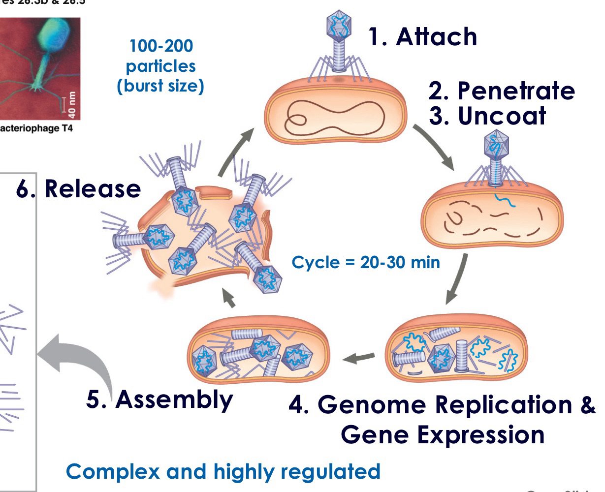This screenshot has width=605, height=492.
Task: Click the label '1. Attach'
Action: pyautogui.click(x=422, y=37)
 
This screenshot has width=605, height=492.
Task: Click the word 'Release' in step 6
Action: pyautogui.click(x=93, y=189)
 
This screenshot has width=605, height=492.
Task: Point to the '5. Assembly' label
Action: pyautogui.click(x=159, y=400)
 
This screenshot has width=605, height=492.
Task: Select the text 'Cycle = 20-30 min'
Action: pyautogui.click(x=366, y=262)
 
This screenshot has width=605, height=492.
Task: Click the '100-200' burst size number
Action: pyautogui.click(x=161, y=47)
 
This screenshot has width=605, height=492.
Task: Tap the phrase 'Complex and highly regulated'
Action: pyautogui.click(x=223, y=471)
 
